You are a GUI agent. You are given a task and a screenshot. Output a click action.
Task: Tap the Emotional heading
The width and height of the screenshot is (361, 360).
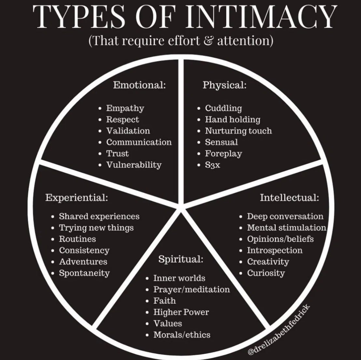point(140,85)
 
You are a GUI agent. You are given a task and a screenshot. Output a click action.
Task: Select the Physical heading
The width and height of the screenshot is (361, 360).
point(225,85)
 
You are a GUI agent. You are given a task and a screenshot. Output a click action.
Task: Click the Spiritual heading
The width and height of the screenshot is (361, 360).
point(181,259)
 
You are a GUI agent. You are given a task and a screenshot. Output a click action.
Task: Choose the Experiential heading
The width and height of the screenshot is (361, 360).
point(77,198)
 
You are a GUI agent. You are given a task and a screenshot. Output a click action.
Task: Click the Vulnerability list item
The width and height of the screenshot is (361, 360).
point(134,165)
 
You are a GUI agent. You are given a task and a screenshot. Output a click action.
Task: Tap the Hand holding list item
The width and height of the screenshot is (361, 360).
point(232,119)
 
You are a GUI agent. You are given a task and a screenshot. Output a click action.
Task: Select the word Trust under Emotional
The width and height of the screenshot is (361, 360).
point(118,153)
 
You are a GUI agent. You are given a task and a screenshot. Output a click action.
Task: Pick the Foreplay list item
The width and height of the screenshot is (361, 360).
point(223,153)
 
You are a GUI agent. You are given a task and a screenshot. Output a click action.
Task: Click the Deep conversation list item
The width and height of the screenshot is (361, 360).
point(285,216)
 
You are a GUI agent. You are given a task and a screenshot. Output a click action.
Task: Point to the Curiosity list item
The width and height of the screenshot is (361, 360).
point(266,273)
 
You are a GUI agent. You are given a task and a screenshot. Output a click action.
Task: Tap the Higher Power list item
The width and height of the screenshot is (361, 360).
point(181,312)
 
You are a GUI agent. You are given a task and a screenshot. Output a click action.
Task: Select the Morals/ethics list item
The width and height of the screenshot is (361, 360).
point(182,335)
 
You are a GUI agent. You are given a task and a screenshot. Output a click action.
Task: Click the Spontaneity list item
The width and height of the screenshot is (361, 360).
point(84,273)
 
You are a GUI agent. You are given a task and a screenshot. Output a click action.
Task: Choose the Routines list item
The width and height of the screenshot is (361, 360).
point(77,239)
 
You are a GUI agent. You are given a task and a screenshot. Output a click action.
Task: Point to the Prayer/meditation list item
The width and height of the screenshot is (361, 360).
point(191,289)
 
